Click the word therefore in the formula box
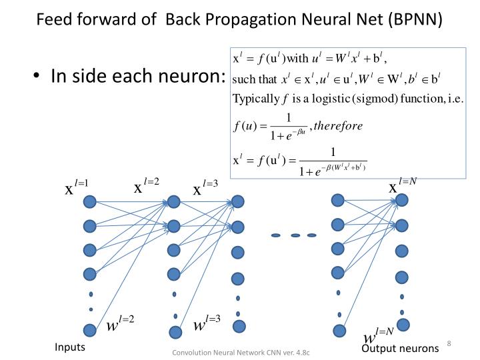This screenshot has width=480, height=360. point(339,125)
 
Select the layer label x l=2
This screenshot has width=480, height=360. point(147,187)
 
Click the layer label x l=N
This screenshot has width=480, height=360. point(403,186)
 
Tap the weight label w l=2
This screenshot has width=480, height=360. point(121,325)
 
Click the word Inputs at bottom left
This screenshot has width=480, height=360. point(70,348)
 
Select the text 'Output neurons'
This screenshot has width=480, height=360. point(400,349)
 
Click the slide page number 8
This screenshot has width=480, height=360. point(449,343)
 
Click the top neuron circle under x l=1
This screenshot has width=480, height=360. point(90,201)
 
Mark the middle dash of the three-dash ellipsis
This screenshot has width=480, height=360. point(295,235)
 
